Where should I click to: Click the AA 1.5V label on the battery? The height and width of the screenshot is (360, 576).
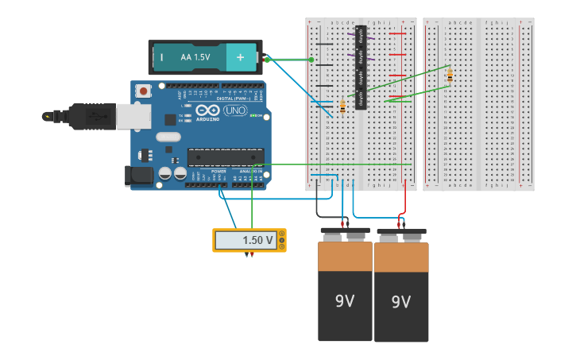(195, 57)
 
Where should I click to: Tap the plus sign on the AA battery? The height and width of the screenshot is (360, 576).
(241, 57)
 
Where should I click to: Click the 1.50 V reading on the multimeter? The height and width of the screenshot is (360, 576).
(257, 240)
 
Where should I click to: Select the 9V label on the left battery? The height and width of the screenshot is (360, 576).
(345, 301)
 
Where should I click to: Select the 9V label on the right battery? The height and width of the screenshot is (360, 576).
(401, 302)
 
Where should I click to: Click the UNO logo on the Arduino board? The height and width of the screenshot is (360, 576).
(235, 110)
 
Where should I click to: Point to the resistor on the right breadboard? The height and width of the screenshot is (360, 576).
(450, 75)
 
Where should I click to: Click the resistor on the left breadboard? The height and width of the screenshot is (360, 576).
(342, 106)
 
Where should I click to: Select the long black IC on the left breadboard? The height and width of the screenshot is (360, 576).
(361, 68)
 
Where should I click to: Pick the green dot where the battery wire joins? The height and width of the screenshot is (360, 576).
(311, 60)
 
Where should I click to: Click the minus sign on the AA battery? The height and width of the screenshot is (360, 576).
(161, 57)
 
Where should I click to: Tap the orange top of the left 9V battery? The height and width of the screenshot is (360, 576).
(345, 256)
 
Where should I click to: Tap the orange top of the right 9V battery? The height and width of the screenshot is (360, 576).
(401, 257)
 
